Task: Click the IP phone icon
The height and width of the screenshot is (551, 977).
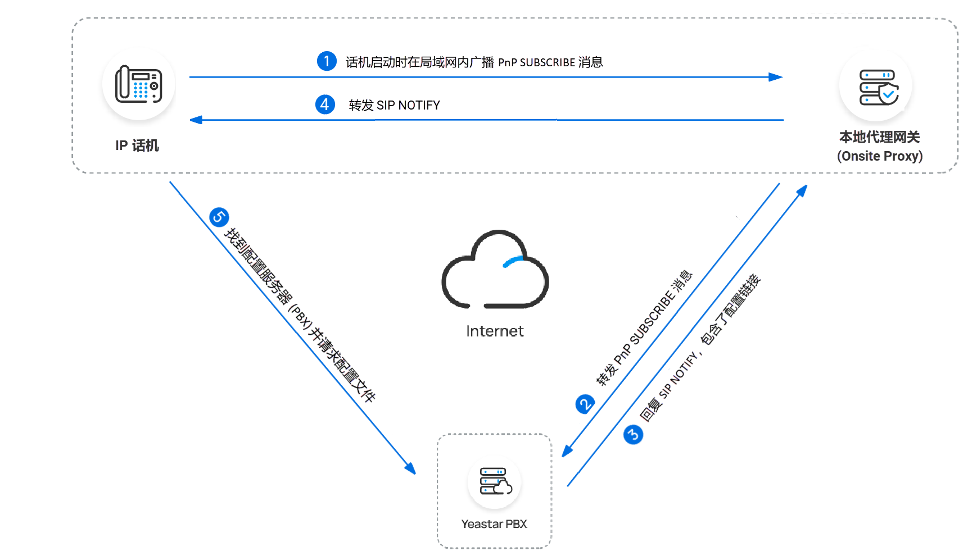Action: [x=138, y=84]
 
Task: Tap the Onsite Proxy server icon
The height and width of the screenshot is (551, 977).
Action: [x=878, y=87]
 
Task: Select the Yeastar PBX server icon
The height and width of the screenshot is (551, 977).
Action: [x=495, y=481]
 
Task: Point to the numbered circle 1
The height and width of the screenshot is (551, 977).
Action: [x=327, y=61]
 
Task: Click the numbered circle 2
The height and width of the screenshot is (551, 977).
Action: [x=585, y=404]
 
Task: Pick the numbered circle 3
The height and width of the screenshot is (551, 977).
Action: [x=633, y=434]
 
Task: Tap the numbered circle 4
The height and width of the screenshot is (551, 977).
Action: [x=325, y=104]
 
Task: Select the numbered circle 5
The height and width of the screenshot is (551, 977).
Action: [x=219, y=217]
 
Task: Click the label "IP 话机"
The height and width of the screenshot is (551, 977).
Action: [x=137, y=145]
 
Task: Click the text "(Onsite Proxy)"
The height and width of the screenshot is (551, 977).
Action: [x=880, y=156]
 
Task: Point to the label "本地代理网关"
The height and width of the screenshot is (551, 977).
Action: [x=879, y=137]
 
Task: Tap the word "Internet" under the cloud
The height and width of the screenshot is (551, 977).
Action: [x=495, y=331]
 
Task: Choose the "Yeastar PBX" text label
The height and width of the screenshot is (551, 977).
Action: [x=494, y=524]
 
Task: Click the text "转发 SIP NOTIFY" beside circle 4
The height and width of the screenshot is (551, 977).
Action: [x=394, y=105]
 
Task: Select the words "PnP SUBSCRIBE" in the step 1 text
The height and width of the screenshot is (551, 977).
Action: [x=537, y=62]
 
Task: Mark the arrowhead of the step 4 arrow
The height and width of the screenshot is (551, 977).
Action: [x=196, y=120]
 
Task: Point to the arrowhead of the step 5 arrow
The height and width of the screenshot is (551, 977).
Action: [x=411, y=468]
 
